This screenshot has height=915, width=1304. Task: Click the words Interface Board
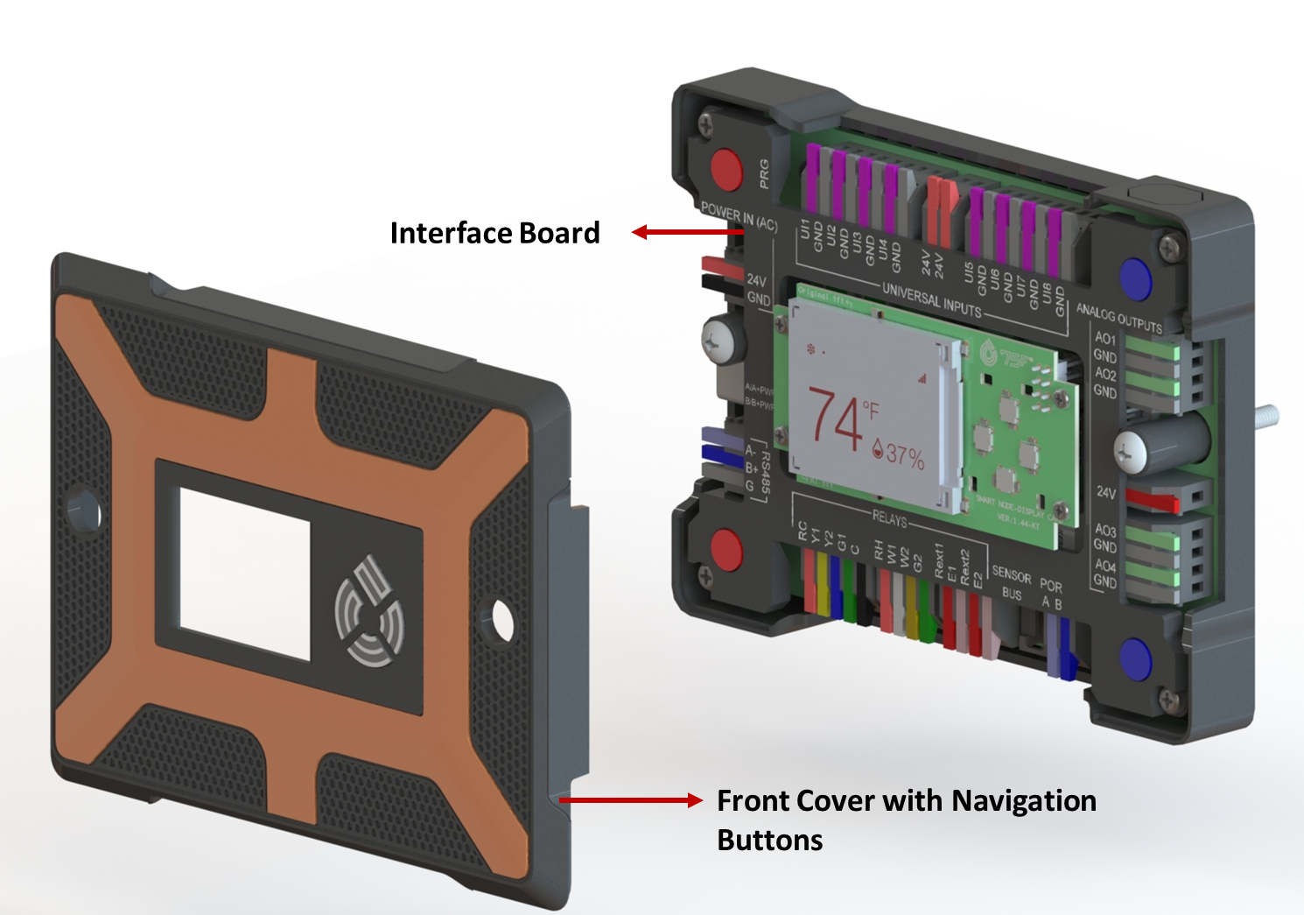[494, 233]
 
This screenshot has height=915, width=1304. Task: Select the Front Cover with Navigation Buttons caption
[906, 820]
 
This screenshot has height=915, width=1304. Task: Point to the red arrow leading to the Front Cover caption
[630, 799]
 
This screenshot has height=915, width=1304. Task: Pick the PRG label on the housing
[764, 173]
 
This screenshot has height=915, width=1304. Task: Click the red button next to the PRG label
[726, 169]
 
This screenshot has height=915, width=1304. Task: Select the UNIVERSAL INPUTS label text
[931, 300]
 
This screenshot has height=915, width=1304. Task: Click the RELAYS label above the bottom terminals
[889, 518]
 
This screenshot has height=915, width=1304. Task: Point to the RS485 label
[764, 473]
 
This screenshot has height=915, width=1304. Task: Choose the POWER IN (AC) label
[739, 216]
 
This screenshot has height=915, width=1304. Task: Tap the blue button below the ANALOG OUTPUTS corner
[1135, 278]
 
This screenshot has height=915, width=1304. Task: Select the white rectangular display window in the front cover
[245, 574]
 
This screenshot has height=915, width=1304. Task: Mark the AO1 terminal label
[1104, 338]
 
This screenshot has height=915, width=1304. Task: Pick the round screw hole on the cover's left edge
[83, 507]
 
